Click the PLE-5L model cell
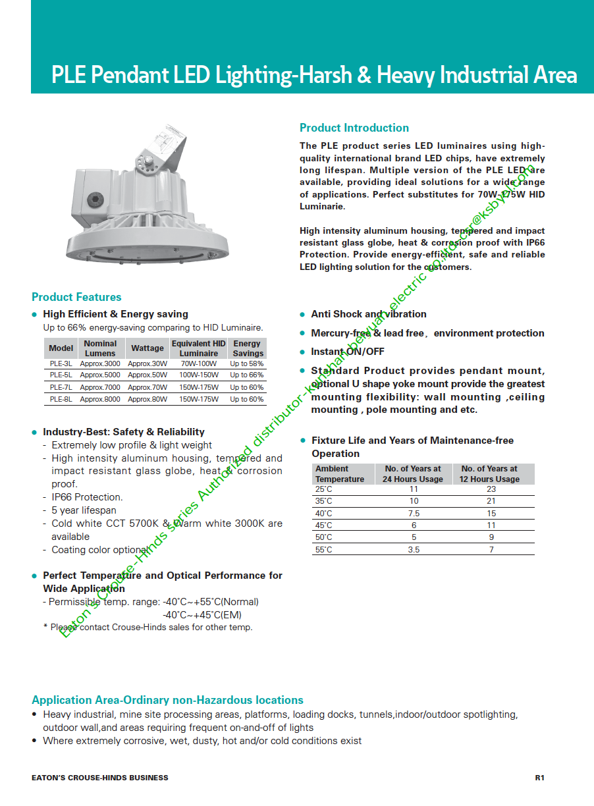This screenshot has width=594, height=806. pos(61,375)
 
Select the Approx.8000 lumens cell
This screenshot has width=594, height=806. pos(100,399)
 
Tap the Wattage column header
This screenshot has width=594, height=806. pos(148,348)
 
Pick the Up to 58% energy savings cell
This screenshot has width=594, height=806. pos(247,363)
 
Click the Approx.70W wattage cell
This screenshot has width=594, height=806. pos(148,387)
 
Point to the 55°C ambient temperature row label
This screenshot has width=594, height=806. pos(324,549)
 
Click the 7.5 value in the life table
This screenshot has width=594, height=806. pos(414,514)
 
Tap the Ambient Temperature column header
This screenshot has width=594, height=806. pos(340,474)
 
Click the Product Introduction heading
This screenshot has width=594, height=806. pos(354,128)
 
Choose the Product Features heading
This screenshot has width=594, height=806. pos(76,297)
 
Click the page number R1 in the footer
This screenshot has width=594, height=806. pos(539,778)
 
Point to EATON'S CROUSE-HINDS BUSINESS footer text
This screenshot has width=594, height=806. pos(100,778)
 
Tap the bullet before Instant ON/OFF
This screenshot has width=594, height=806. pos(303,352)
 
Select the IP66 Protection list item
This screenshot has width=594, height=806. pos(87,497)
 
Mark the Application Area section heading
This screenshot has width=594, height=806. pos(167,700)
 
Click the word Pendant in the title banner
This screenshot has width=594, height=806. pos(130,75)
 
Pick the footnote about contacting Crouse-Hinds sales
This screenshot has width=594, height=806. pos(148,628)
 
